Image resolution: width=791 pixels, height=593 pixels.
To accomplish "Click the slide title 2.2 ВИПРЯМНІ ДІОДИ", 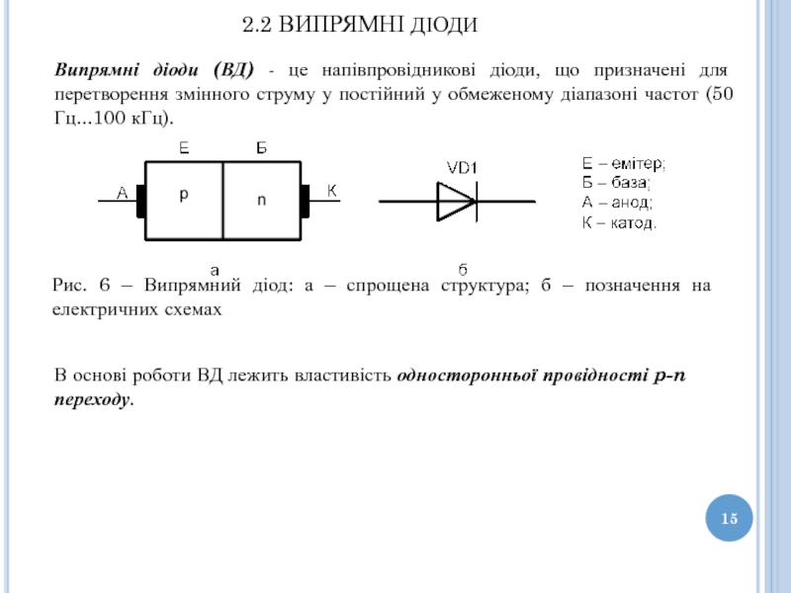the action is [360, 23].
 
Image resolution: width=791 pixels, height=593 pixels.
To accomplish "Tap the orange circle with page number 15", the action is [730, 519].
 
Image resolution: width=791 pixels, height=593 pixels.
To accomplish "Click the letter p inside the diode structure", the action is [183, 196].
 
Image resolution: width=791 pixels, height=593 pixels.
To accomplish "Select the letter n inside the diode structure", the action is [261, 199].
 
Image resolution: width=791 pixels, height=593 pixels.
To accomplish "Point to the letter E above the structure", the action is [184, 148].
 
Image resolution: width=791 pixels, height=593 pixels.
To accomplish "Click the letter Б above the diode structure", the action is [261, 148].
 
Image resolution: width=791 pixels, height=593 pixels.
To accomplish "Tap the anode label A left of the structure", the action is [122, 194].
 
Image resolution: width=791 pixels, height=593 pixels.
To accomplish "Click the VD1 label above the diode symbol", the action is [462, 168].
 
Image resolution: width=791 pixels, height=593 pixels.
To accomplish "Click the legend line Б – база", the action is [616, 183].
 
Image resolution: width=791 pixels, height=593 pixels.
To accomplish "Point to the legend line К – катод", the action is [619, 221].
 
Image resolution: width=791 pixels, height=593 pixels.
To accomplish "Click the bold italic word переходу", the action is [92, 399].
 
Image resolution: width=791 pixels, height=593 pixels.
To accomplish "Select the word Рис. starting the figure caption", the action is [69, 286].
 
